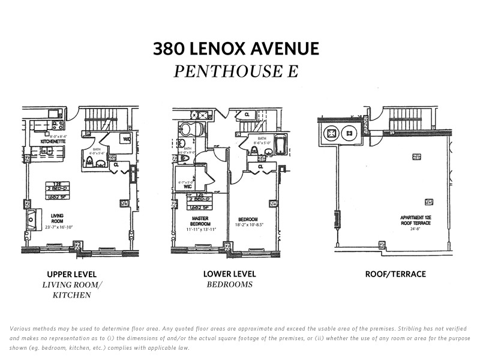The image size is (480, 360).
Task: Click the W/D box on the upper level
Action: (x=126, y=139)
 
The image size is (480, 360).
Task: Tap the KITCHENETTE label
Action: (x=52, y=142)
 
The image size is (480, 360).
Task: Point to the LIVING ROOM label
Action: (x=58, y=217)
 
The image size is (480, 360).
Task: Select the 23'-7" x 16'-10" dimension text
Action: (x=58, y=227)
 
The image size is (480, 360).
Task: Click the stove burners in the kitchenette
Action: (x=58, y=126)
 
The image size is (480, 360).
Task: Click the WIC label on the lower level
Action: (x=188, y=187)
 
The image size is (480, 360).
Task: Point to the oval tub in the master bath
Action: (x=186, y=130)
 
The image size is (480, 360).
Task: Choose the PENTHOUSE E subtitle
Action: (x=236, y=71)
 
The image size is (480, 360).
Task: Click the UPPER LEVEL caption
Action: (x=72, y=274)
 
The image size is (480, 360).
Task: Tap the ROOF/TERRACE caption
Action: (x=395, y=274)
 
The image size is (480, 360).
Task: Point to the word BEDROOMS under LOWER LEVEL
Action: (x=230, y=284)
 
